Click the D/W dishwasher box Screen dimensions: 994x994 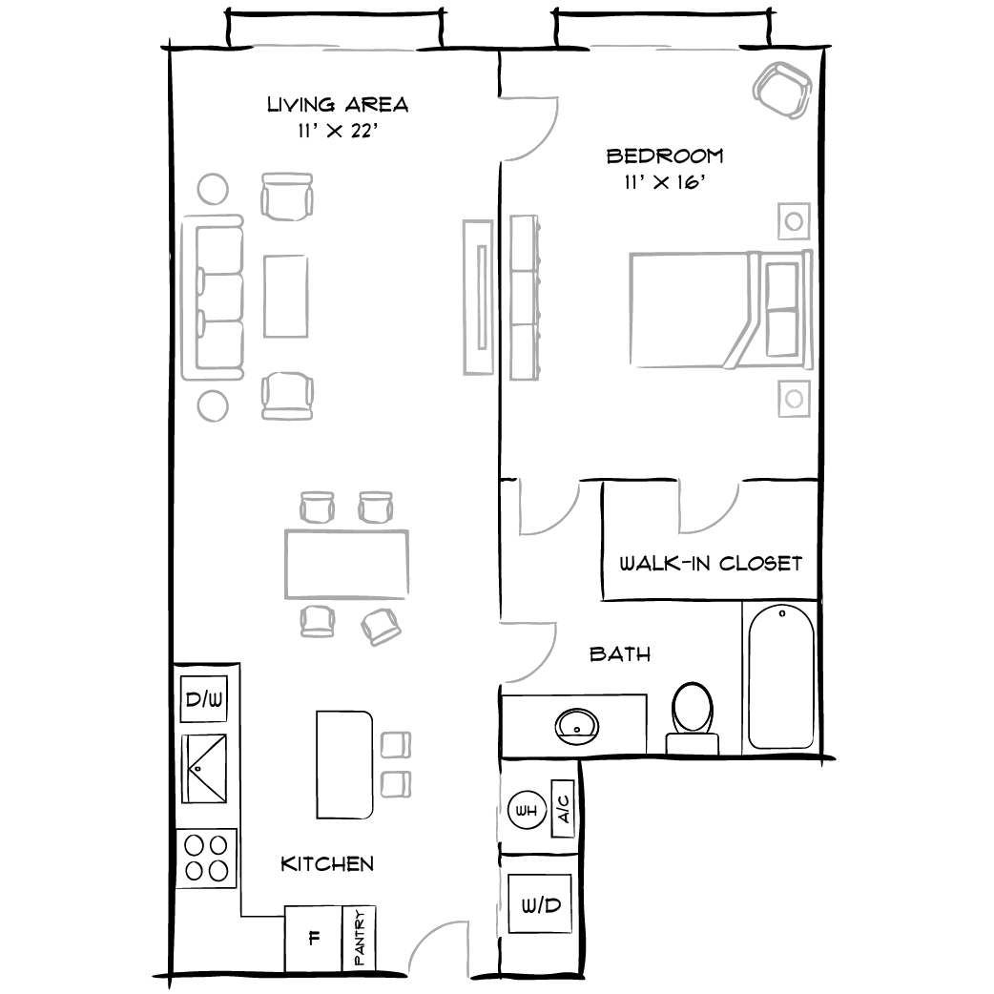pyautogui.click(x=203, y=701)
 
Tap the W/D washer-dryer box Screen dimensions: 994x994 pyautogui.click(x=541, y=904)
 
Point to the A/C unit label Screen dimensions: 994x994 pyautogui.click(x=564, y=812)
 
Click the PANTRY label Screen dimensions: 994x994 pyautogui.click(x=361, y=940)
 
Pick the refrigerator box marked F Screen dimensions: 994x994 pyautogui.click(x=313, y=938)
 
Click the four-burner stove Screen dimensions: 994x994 pyautogui.click(x=206, y=857)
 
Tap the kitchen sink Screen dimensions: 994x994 pyautogui.click(x=204, y=768)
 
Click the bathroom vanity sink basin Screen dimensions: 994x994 pyautogui.click(x=577, y=725)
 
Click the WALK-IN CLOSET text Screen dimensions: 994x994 pyautogui.click(x=711, y=563)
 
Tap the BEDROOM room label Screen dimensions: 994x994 pyautogui.click(x=665, y=155)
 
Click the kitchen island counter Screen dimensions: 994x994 pyautogui.click(x=344, y=763)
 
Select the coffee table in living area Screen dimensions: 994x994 pyautogui.click(x=286, y=295)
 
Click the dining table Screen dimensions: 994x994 pyautogui.click(x=346, y=563)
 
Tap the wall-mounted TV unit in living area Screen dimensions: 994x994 pyautogui.click(x=478, y=297)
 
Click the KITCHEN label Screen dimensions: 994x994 pyautogui.click(x=327, y=864)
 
